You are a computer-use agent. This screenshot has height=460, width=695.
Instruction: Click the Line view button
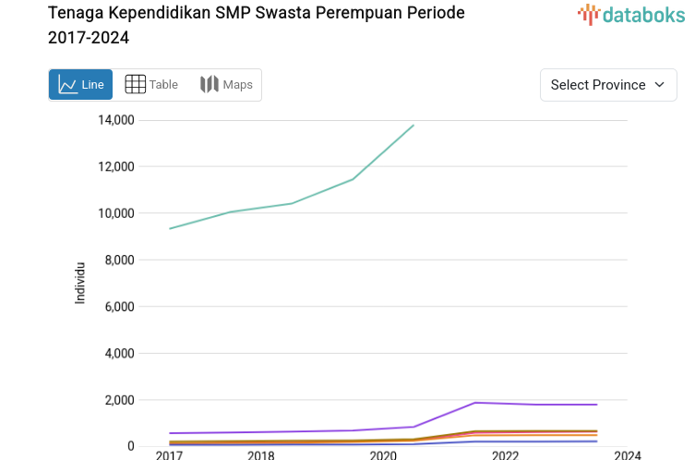pos(80,85)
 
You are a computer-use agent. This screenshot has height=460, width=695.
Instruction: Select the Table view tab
pos(151,85)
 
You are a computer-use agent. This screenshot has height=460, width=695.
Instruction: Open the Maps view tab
pos(226,85)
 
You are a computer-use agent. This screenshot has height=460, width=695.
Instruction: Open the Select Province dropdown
pos(608,85)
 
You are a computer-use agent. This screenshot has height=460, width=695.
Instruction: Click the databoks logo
pos(631,14)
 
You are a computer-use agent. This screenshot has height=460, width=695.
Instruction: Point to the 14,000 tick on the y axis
pos(115,120)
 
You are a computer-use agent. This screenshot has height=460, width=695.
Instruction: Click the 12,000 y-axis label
pos(115,167)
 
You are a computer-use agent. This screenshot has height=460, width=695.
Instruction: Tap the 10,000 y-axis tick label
pos(115,213)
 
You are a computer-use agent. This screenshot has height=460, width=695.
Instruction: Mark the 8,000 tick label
pos(119,260)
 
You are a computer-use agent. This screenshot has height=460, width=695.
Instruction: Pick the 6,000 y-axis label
pos(119,307)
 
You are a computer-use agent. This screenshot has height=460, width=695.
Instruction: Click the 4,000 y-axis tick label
pos(119,354)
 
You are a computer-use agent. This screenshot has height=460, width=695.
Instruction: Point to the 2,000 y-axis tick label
pos(119,400)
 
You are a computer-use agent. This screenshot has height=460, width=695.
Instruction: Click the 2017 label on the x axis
pos(169,455)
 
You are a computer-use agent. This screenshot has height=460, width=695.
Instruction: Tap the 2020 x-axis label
pos(383,455)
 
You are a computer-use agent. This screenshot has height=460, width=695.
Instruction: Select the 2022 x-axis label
pos(505,455)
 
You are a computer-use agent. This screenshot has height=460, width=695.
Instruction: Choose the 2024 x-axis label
pos(628,455)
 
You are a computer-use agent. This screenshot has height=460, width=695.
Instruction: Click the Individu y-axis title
pos(80,284)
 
